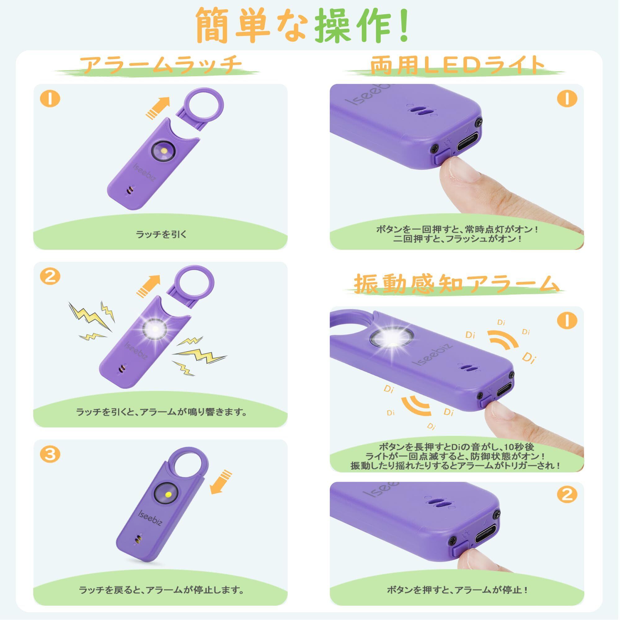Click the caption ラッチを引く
[x=161, y=234]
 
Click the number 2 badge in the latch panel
[x=50, y=276]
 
